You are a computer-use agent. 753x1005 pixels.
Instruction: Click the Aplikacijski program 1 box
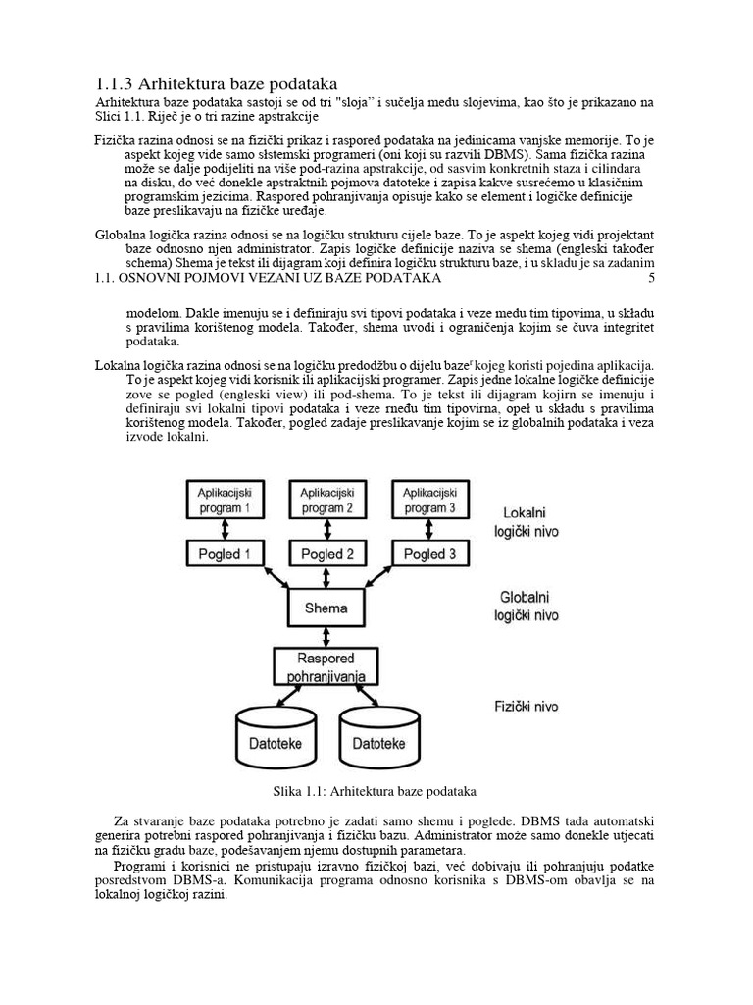point(226,500)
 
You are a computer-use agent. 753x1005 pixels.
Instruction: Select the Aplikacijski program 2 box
point(327,500)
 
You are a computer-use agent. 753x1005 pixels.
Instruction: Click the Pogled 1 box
point(226,555)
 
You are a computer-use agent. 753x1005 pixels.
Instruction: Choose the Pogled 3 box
point(428,555)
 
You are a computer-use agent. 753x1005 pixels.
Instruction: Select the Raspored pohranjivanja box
point(326,666)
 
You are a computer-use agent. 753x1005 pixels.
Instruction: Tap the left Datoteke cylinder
point(276,743)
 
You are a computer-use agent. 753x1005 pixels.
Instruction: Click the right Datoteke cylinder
point(378,743)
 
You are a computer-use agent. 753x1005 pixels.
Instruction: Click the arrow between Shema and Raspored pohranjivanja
point(326,636)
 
